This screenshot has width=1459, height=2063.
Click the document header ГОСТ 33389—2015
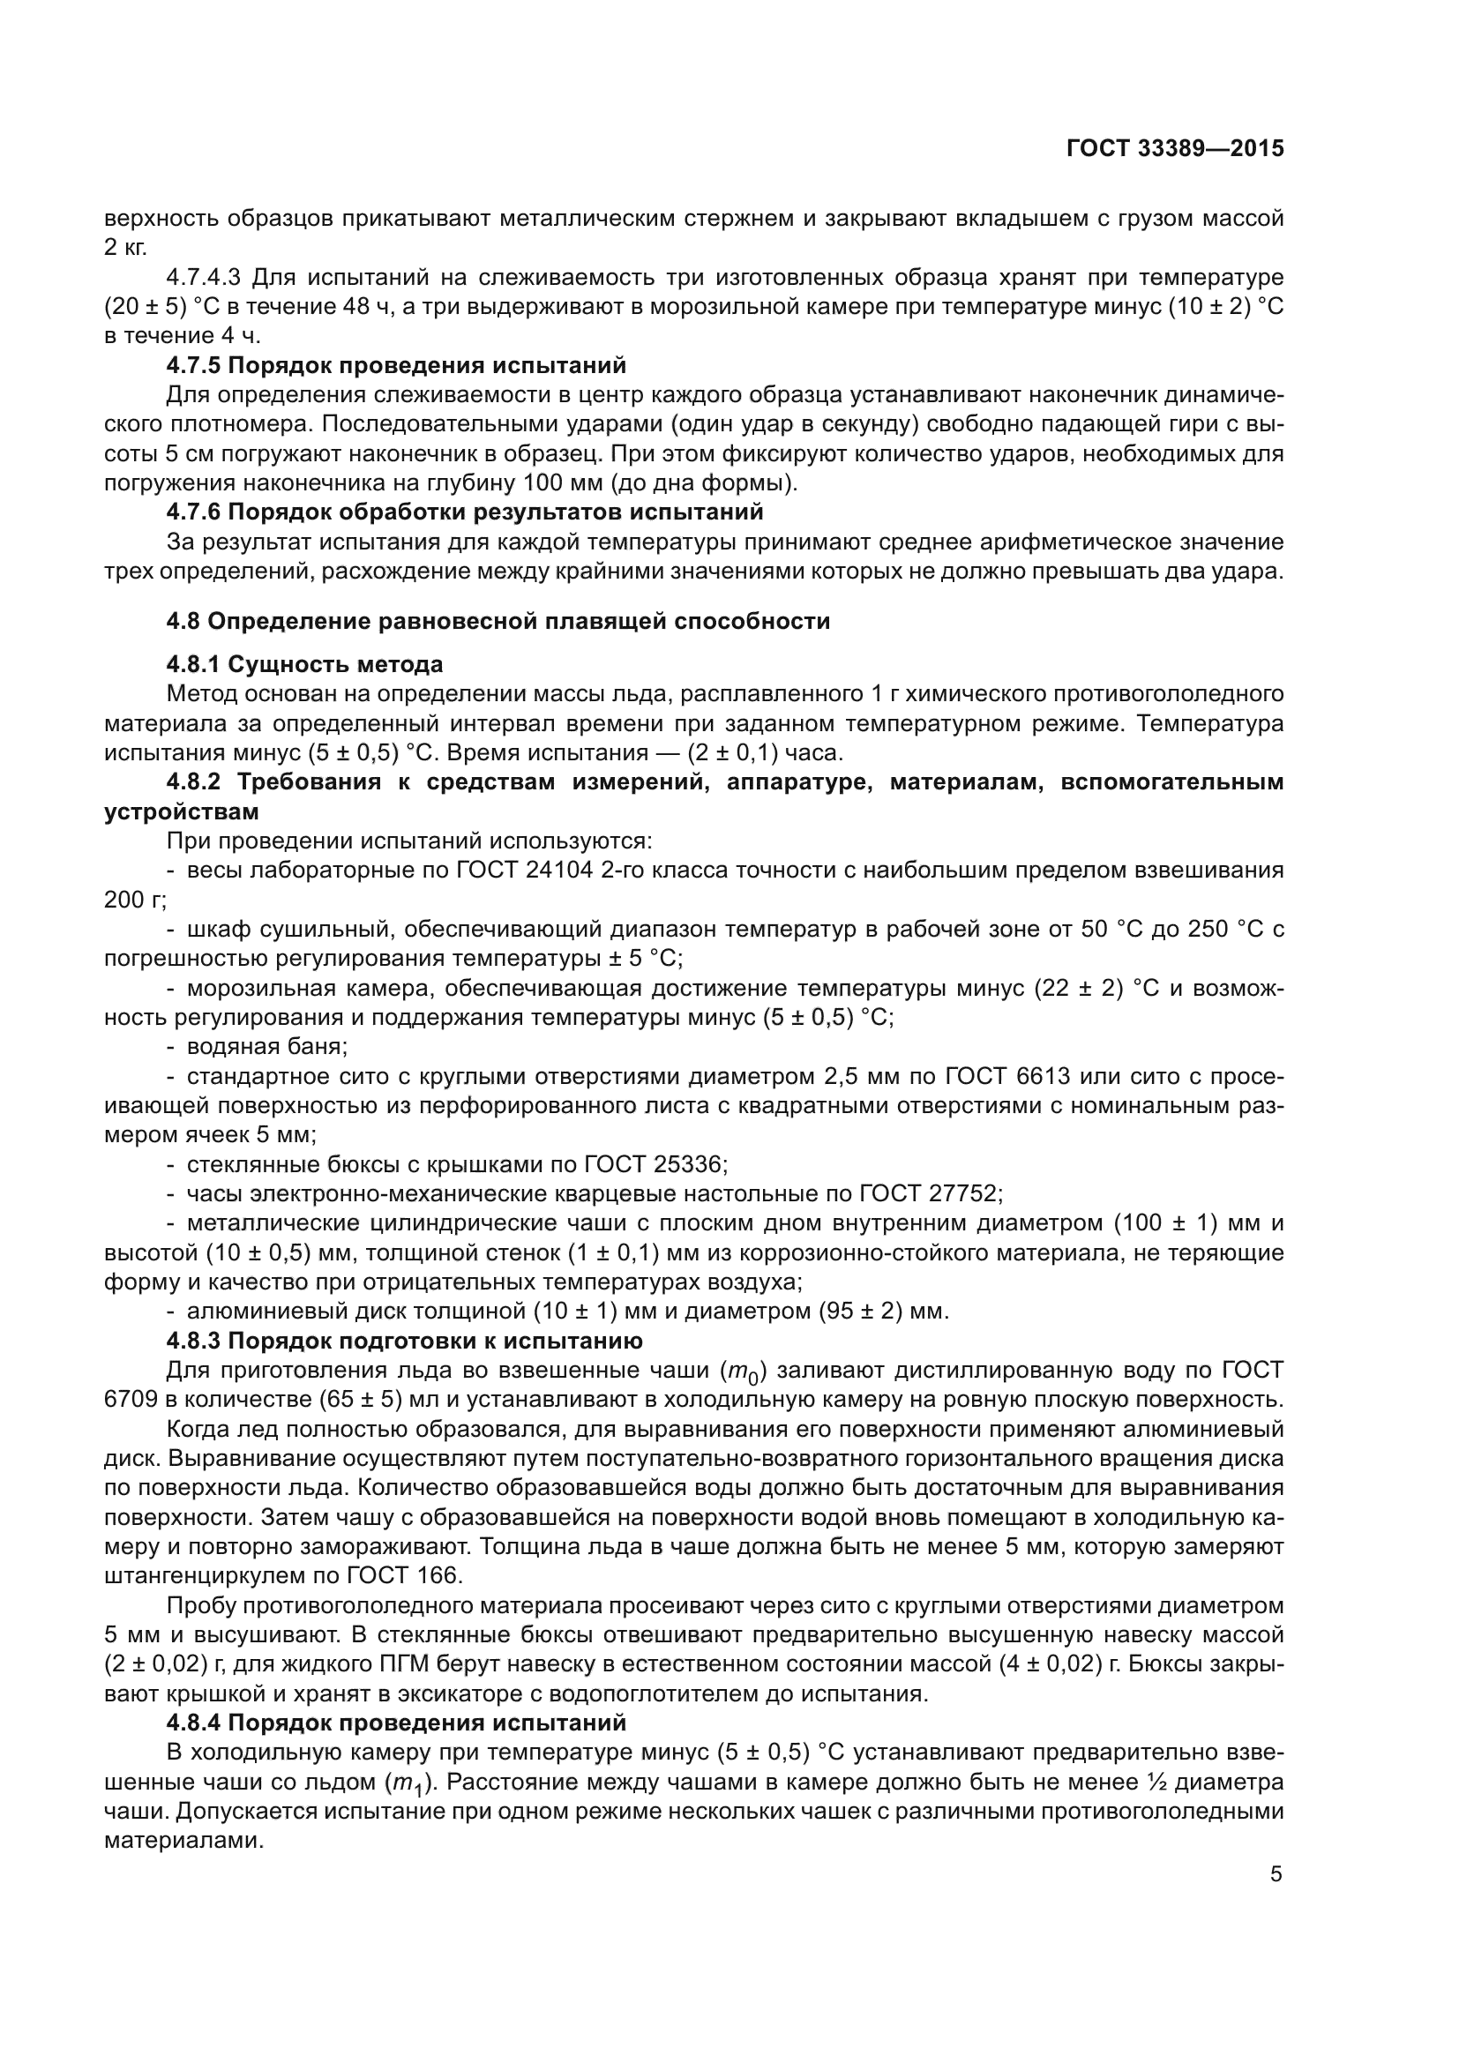1174,149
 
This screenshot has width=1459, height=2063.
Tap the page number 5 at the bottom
1276,1874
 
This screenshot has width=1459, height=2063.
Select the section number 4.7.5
194,366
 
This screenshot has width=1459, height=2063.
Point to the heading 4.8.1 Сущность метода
304,664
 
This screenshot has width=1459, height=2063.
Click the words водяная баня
266,1047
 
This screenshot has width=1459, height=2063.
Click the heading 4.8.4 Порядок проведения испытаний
396,1723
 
